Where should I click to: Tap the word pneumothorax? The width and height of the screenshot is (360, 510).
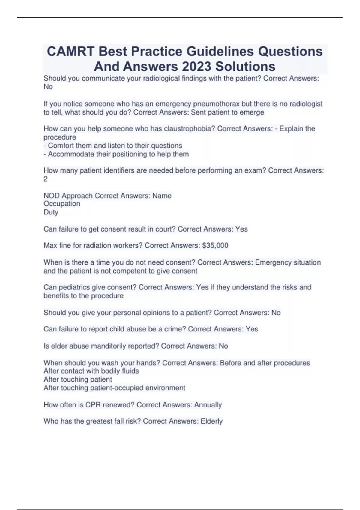pos(216,104)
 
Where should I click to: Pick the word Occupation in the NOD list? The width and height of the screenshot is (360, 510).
pos(62,204)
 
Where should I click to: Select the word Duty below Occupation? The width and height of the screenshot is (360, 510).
pos(51,212)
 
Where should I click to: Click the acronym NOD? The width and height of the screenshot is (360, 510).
pos(52,196)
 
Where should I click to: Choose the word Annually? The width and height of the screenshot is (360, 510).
pos(208,405)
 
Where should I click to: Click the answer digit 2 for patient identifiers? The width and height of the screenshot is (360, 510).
pos(46,179)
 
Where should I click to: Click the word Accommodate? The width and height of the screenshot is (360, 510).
pos(71,154)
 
